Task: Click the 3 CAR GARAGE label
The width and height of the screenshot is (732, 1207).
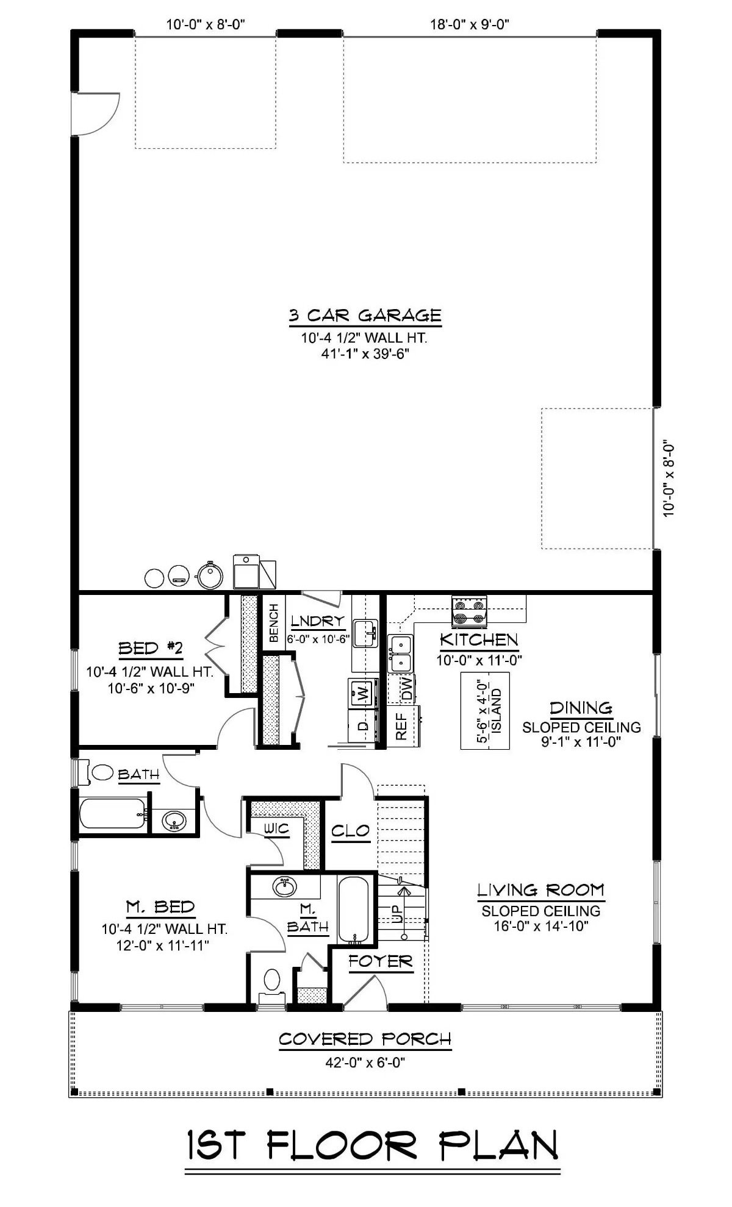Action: pyautogui.click(x=365, y=315)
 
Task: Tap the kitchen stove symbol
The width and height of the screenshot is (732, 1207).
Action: pyautogui.click(x=468, y=611)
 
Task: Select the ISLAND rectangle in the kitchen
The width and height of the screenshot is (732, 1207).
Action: pyautogui.click(x=485, y=710)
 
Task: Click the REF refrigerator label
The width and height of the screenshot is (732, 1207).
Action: pyautogui.click(x=401, y=726)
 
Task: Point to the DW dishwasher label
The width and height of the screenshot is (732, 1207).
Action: pyautogui.click(x=407, y=688)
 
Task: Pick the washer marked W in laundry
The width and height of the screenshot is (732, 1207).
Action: pyautogui.click(x=362, y=693)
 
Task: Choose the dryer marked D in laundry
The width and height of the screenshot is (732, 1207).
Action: pyautogui.click(x=362, y=725)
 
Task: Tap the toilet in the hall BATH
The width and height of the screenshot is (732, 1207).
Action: pyautogui.click(x=102, y=773)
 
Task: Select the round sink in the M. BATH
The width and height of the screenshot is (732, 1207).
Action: pyautogui.click(x=283, y=887)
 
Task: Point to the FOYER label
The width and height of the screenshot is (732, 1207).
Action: pyautogui.click(x=381, y=962)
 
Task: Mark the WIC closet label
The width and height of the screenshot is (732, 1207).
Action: pyautogui.click(x=276, y=828)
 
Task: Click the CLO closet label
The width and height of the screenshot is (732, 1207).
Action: pyautogui.click(x=350, y=830)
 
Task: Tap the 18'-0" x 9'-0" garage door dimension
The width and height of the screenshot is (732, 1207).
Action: pyautogui.click(x=470, y=24)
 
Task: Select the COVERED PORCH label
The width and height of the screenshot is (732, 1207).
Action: pyautogui.click(x=365, y=1038)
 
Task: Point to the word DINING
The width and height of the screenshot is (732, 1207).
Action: pyautogui.click(x=581, y=708)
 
